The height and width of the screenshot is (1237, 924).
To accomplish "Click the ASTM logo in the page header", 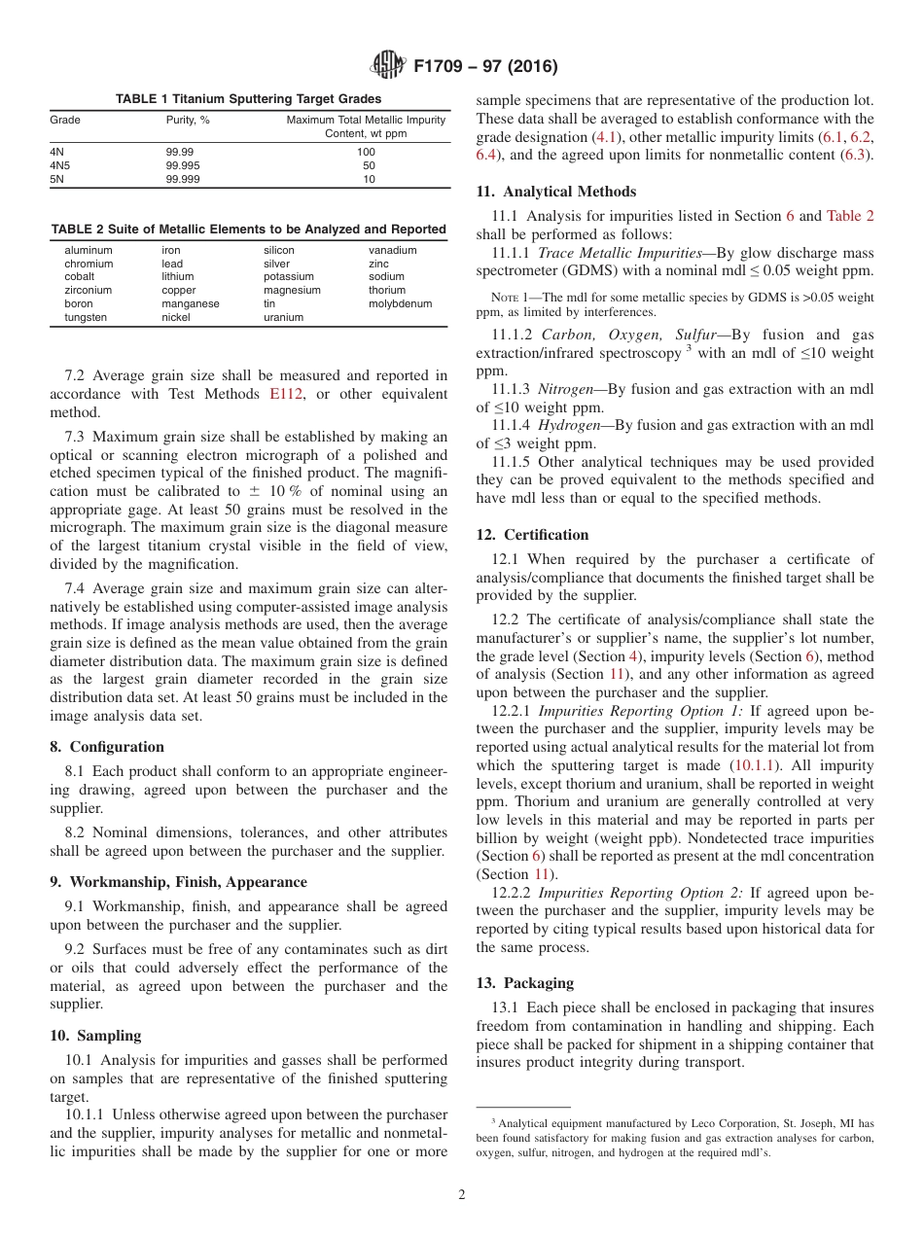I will (x=388, y=66).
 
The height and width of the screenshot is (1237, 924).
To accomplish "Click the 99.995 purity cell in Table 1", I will (x=183, y=166).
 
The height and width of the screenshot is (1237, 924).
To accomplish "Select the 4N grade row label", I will (x=56, y=153).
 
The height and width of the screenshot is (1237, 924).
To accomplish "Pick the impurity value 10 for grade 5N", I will (x=369, y=180).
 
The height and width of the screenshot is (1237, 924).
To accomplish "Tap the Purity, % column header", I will (x=188, y=121).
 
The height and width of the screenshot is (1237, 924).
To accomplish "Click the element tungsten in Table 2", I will (x=87, y=318).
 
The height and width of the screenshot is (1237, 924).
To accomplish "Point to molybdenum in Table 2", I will (x=400, y=304).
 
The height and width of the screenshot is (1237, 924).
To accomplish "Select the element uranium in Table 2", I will (x=283, y=318).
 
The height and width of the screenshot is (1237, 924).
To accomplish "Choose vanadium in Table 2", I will (x=392, y=250).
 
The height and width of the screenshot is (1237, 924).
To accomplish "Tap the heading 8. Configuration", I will (x=107, y=747).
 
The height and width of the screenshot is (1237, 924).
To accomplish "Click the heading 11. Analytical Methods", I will (x=555, y=192).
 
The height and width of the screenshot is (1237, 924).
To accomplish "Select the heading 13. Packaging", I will (x=524, y=983).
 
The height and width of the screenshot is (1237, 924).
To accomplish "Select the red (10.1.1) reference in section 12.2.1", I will (x=755, y=765).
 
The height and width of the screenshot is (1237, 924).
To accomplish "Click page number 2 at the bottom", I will (x=461, y=1195).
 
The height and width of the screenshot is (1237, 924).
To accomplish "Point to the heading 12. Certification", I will (x=532, y=535).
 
